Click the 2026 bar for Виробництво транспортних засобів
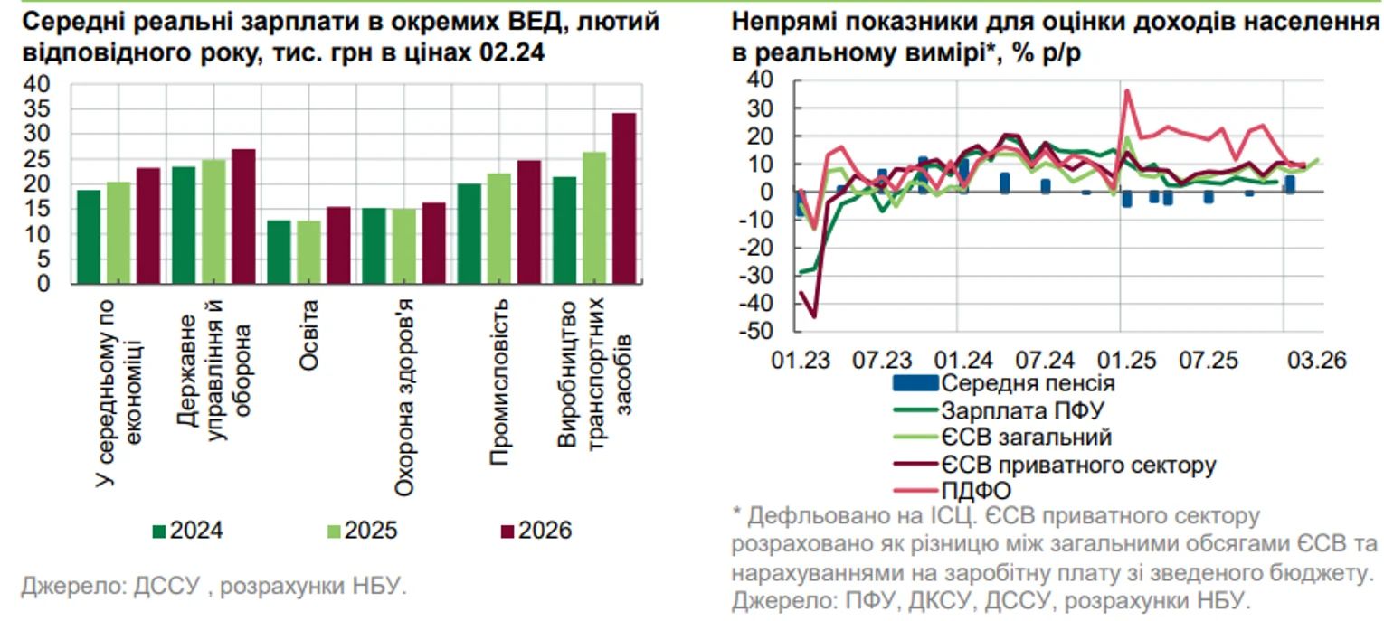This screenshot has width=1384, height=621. tap(624, 199)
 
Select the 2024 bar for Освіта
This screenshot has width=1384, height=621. tap(279, 252)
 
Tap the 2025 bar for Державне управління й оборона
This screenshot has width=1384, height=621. tap(213, 221)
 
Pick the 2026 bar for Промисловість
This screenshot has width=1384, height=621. tap(529, 222)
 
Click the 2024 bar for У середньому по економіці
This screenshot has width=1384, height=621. tap(89, 237)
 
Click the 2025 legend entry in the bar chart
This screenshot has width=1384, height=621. tap(363, 531)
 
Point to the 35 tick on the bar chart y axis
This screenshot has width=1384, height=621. tap(43, 108)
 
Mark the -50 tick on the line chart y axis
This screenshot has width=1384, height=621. tap(755, 332)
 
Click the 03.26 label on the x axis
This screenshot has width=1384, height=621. tap(1315, 361)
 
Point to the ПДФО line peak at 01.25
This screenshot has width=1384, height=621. tap(1127, 89)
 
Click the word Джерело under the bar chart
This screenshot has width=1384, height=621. tap(62, 586)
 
